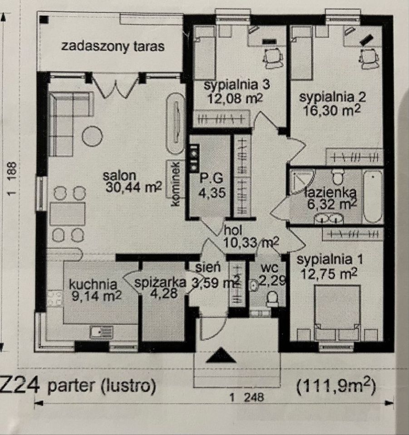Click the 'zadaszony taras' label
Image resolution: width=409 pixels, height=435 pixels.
pyautogui.click(x=113, y=46)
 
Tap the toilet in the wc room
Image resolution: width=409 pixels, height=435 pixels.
pyautogui.click(x=272, y=297)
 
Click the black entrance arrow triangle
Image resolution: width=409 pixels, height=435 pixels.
pyautogui.click(x=221, y=355)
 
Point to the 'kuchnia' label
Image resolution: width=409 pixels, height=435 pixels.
pyautogui.click(x=93, y=284)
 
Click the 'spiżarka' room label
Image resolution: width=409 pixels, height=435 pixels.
pyautogui.click(x=160, y=282)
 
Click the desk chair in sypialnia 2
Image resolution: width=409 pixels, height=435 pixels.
pyautogui.click(x=369, y=58)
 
